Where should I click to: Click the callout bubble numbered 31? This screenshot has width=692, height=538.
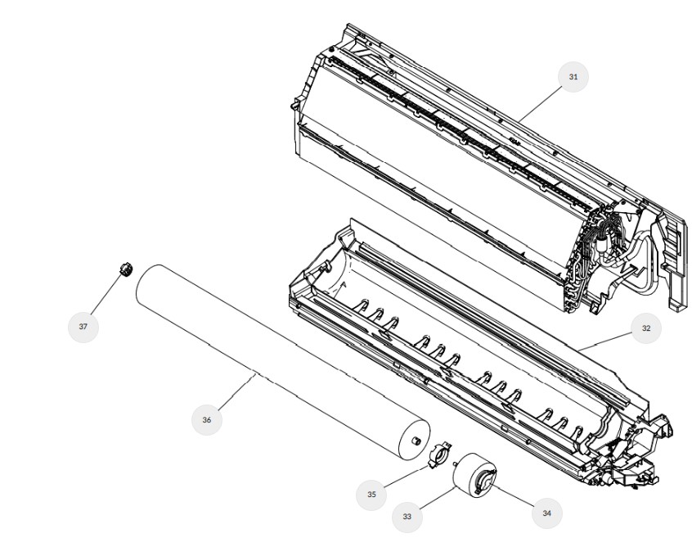click(573, 77)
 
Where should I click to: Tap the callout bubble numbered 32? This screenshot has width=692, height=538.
click(646, 328)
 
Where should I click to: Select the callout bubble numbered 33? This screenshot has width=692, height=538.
click(407, 517)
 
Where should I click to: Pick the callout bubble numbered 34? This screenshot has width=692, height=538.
click(546, 513)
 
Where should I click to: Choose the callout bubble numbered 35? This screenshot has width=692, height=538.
click(371, 495)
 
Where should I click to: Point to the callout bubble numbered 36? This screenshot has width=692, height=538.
click(207, 419)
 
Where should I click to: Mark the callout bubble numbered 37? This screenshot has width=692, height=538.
click(83, 327)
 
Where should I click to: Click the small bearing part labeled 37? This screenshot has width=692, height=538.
click(126, 269)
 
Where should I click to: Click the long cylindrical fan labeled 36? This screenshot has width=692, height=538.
click(282, 361)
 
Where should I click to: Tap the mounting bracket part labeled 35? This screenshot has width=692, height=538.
click(439, 454)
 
